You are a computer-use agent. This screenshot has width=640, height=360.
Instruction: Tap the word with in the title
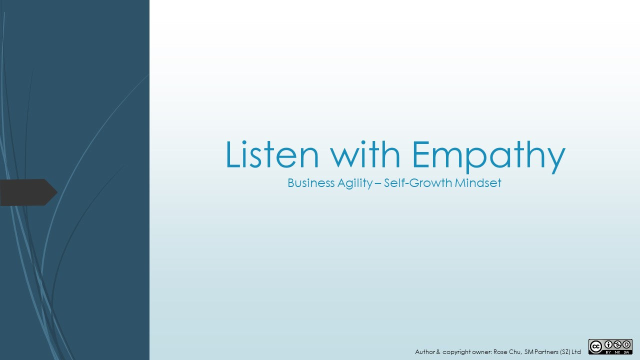coord(365,154)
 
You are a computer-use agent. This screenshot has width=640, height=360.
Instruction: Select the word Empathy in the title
coord(489,157)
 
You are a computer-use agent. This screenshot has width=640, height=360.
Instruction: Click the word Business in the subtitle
coord(311,183)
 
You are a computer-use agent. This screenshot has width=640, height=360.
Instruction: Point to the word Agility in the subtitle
coord(355,183)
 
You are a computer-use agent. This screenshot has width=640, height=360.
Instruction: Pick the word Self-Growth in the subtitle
coord(418,183)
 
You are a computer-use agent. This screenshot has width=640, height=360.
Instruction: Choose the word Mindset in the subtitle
coord(478,183)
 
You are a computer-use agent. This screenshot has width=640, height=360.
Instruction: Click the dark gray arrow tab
coord(28,192)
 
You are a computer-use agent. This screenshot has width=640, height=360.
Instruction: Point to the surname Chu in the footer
coord(515,352)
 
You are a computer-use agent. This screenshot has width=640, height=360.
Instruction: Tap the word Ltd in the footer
coord(576,351)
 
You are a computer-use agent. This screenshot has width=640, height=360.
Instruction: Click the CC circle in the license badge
coord(596,347)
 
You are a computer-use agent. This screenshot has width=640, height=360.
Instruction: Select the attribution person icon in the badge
coord(608,345)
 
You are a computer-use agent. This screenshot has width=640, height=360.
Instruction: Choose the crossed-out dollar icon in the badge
coord(617,345)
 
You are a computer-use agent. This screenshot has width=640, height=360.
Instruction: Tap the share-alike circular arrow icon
coord(626,345)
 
